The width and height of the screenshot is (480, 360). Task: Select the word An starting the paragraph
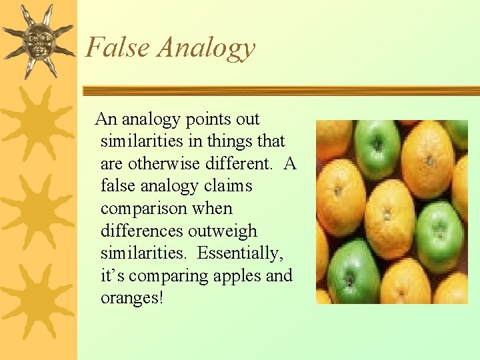point(106,119)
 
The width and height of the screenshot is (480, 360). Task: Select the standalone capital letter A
point(289,164)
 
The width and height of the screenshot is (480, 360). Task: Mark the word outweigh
point(223,231)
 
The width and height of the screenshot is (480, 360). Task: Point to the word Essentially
point(237,253)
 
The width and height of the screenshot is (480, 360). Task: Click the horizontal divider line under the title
point(280,90)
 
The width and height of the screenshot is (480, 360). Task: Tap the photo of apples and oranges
point(391,211)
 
